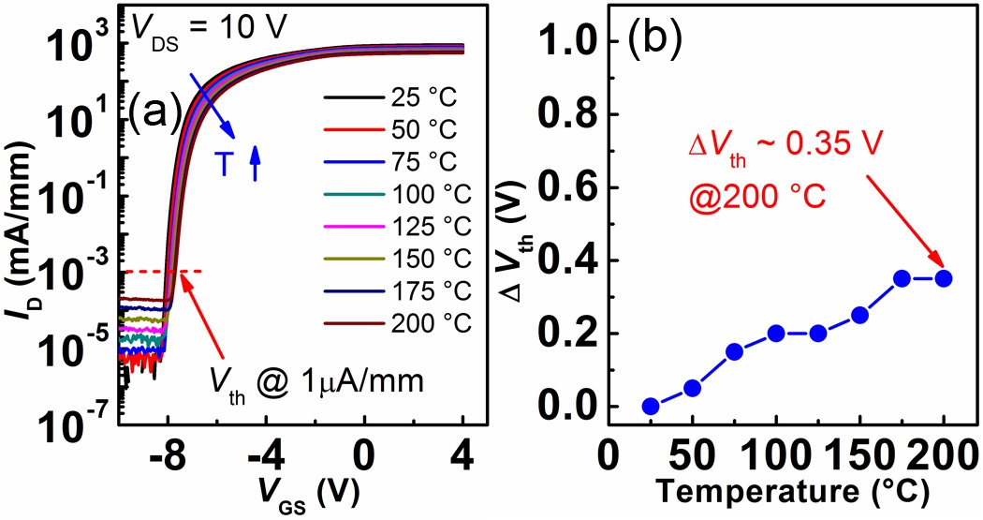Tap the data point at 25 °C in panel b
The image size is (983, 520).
pos(651,406)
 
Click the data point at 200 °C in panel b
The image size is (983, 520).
pos(943,278)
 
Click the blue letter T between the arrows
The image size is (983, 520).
pos(224,166)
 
